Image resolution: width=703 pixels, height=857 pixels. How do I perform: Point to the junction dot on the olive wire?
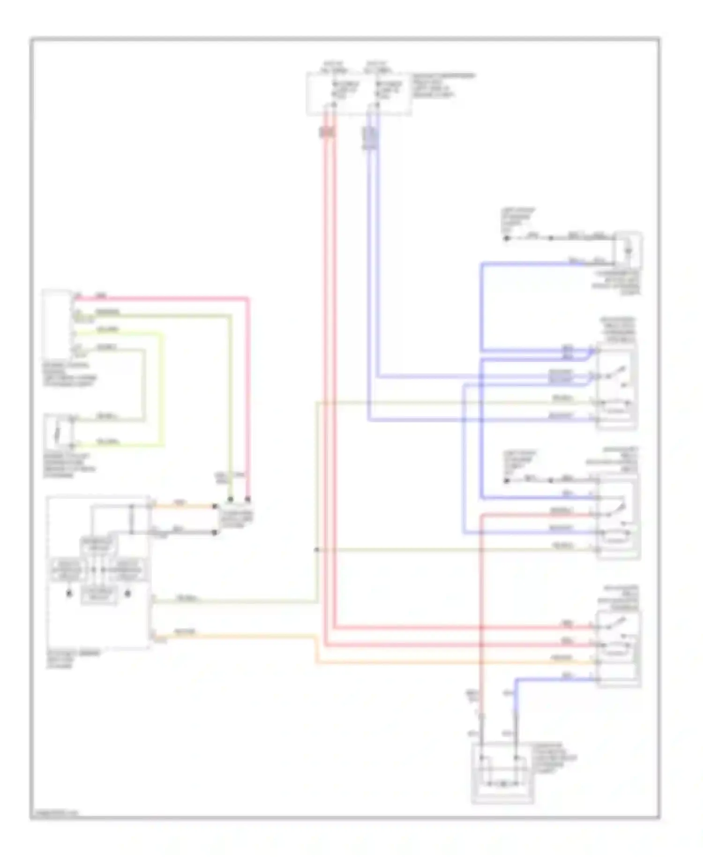(x=317, y=549)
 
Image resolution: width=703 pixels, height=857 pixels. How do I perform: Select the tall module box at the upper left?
(x=56, y=324)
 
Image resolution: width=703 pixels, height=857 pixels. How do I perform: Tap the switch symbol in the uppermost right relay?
(x=615, y=374)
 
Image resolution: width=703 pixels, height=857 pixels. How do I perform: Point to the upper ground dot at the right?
(x=507, y=239)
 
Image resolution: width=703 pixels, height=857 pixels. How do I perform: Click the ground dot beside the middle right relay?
(x=507, y=481)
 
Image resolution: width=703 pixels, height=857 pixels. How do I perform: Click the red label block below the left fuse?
(x=328, y=133)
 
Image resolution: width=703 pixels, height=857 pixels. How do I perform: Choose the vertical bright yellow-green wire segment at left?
(x=163, y=389)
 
